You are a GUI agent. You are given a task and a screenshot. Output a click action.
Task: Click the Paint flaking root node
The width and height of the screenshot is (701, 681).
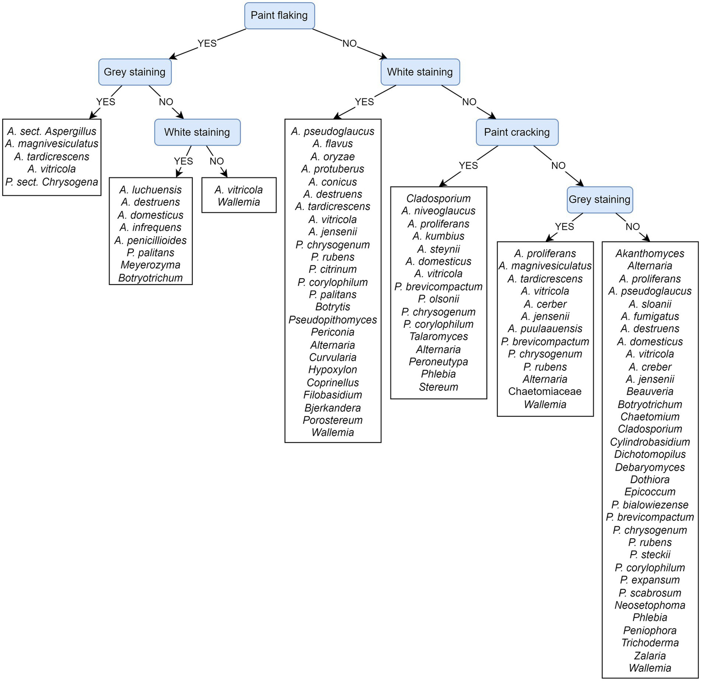(279, 16)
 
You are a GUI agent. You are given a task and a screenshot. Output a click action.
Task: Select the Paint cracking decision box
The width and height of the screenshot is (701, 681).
(517, 132)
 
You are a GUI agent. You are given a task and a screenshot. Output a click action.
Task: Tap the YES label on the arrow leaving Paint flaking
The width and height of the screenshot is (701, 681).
(207, 43)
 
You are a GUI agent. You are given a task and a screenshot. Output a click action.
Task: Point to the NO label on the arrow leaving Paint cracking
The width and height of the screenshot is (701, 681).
(558, 166)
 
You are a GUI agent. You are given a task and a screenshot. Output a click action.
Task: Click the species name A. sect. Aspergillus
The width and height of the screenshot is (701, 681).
(52, 131)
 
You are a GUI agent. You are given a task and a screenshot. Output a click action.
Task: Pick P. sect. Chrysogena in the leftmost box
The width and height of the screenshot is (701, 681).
(52, 182)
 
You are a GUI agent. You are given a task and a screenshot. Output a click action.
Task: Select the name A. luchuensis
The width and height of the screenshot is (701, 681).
(150, 190)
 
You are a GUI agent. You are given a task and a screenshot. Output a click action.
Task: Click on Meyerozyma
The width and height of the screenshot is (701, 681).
(150, 265)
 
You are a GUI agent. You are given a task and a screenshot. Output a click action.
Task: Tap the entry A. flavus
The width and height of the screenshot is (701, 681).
(332, 144)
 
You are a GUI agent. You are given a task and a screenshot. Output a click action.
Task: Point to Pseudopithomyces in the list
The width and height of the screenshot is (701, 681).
(332, 320)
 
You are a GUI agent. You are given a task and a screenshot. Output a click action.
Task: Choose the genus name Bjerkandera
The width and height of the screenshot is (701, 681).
(332, 408)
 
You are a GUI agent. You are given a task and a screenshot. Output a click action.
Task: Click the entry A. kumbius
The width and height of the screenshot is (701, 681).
(438, 236)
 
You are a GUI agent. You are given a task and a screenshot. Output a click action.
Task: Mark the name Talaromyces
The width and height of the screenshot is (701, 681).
(438, 337)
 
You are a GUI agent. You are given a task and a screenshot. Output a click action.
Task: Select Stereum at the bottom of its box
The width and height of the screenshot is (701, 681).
(438, 387)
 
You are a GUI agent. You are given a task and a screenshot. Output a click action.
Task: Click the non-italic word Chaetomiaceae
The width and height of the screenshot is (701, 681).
(545, 391)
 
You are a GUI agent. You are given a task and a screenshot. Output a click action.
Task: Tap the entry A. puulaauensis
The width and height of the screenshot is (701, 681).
(545, 329)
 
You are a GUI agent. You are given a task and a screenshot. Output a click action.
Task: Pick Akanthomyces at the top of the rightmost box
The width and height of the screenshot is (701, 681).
(650, 254)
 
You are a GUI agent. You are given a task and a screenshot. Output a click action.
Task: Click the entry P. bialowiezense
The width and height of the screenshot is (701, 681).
(650, 505)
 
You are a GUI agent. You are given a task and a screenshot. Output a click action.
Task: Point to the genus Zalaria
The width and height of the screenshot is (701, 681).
(650, 655)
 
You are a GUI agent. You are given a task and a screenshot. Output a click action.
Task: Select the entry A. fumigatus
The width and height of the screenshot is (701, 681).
(650, 317)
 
